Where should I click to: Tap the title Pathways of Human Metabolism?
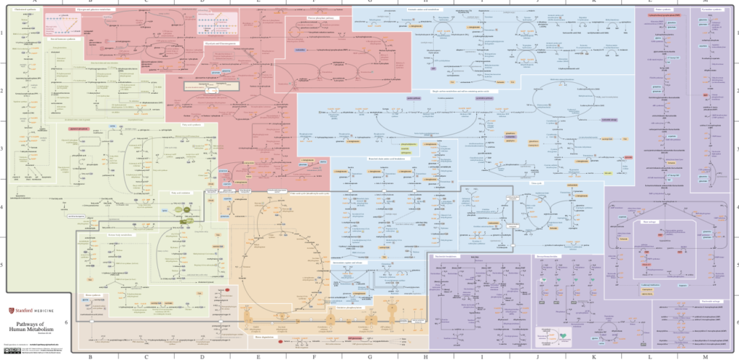32,326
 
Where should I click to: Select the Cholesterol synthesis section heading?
24,9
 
